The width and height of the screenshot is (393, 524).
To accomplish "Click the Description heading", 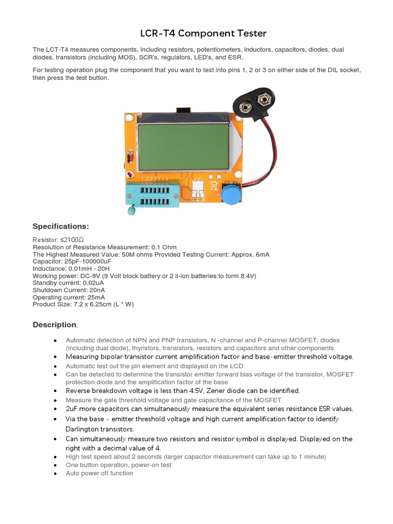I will [x=55, y=324].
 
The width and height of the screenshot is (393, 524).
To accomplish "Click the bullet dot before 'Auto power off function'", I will [x=55, y=474].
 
